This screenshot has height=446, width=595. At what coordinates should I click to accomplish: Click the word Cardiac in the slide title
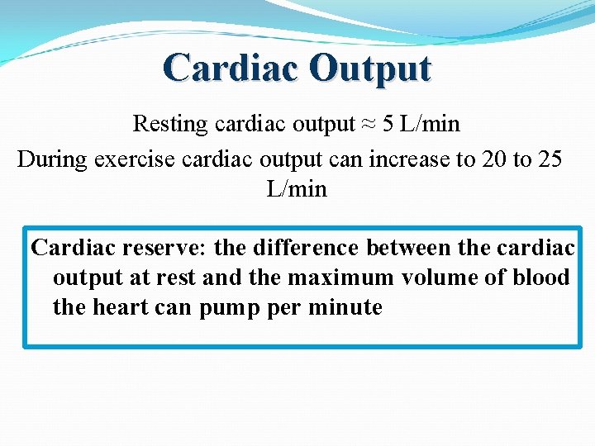pyautogui.click(x=231, y=68)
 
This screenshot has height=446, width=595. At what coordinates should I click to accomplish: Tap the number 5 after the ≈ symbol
pyautogui.click(x=388, y=125)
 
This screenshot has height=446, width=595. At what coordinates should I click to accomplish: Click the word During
pyautogui.click(x=52, y=159)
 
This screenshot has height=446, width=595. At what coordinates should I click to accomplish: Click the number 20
pyautogui.click(x=493, y=159)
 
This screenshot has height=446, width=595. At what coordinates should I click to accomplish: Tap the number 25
pyautogui.click(x=549, y=159)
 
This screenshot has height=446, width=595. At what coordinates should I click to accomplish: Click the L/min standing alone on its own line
pyautogui.click(x=297, y=189)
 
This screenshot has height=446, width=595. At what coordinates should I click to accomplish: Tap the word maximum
pyautogui.click(x=340, y=278)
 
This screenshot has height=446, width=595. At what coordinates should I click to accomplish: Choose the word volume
pyautogui.click(x=439, y=278)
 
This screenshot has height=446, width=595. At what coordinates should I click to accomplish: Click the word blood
pyautogui.click(x=541, y=278)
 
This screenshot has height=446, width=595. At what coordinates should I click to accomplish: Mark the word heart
pyautogui.click(x=130, y=308)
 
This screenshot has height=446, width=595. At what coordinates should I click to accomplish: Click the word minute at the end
pyautogui.click(x=345, y=308)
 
